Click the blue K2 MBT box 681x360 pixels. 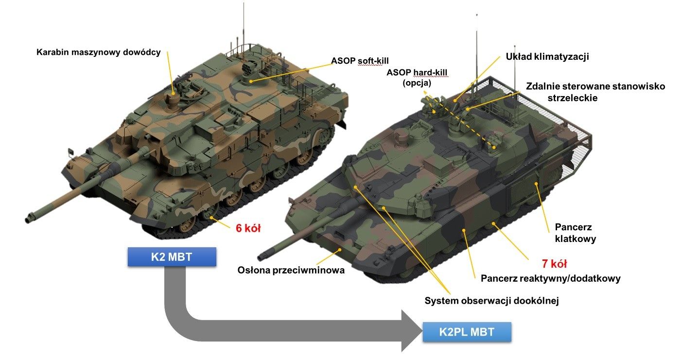[x=172, y=257]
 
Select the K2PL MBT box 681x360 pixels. [x=467, y=332]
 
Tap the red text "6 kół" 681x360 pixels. [x=248, y=228]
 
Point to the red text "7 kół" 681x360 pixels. [x=554, y=264]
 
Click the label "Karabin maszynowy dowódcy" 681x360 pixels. [x=98, y=52]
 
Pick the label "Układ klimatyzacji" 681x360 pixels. [x=547, y=56]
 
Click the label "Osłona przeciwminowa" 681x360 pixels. [x=291, y=270]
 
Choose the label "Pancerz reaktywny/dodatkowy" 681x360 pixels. [x=550, y=278]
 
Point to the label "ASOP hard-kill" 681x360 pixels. [x=417, y=73]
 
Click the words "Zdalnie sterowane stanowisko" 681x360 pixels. [x=595, y=86]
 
